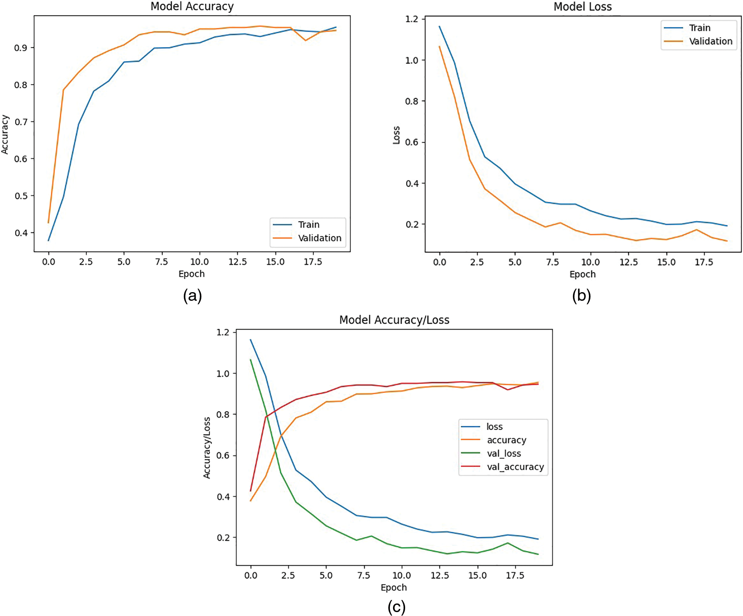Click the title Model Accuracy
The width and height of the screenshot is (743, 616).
192,6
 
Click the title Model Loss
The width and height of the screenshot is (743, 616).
582,7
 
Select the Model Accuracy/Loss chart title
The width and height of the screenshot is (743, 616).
394,320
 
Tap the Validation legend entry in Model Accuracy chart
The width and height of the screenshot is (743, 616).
319,238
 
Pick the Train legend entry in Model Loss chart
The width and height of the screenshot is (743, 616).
699,28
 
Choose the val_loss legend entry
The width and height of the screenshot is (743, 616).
504,453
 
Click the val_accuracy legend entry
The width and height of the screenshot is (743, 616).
515,467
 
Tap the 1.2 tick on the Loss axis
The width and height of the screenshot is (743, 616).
411,19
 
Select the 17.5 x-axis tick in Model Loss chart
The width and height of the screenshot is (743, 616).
704,262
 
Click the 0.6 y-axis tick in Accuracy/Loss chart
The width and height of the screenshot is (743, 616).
223,456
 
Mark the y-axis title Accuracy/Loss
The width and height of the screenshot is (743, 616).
207,447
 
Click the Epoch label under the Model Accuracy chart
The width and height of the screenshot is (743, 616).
192,274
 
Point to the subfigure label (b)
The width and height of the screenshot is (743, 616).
581,296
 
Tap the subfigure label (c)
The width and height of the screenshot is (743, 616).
396,607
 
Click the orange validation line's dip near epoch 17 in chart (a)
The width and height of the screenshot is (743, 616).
305,40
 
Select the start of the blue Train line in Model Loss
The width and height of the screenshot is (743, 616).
440,26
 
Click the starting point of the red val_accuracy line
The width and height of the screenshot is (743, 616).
251,490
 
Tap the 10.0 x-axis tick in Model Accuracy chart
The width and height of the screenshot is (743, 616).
199,262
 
